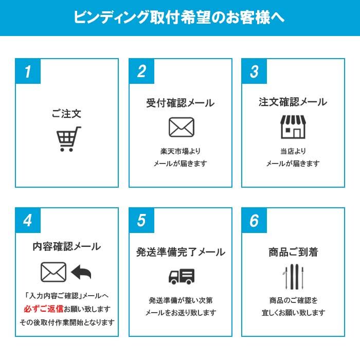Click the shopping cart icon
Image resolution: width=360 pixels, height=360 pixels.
(67, 139)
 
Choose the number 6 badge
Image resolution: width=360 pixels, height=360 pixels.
(254, 221)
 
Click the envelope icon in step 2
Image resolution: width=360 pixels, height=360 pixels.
(181, 127)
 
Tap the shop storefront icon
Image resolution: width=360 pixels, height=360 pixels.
(293, 127)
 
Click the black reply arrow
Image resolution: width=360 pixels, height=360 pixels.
(81, 273)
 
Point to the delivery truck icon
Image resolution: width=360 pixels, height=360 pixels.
(181, 276)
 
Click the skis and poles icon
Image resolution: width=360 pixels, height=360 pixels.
(293, 276)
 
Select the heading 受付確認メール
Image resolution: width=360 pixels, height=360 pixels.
(180, 103)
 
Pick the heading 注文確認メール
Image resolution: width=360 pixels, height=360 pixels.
(293, 102)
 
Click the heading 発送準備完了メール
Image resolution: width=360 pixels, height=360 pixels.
(180, 252)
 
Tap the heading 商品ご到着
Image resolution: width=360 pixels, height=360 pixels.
(293, 252)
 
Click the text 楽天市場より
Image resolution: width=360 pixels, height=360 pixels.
(180, 151)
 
